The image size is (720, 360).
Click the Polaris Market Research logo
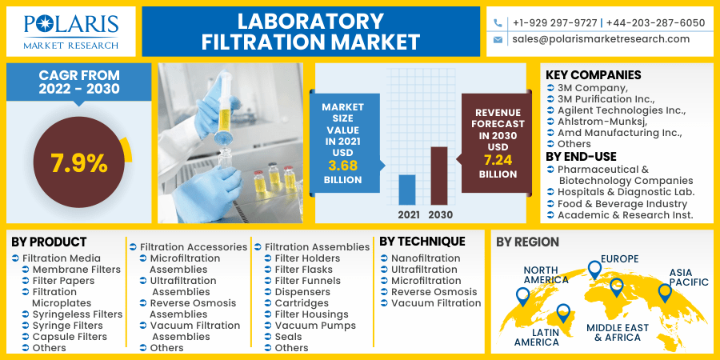[71, 31]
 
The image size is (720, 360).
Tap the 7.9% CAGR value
[78, 163]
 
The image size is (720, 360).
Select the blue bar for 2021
[407, 190]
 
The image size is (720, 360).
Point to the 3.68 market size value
[342, 165]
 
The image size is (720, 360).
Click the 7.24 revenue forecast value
[498, 159]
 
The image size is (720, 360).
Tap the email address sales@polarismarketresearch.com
[601, 39]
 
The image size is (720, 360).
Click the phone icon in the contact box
[498, 23]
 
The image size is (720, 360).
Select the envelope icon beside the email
[498, 39]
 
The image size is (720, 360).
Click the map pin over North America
[522, 296]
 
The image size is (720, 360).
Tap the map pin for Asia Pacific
[664, 292]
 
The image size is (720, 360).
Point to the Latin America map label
[537, 337]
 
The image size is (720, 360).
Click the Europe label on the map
[620, 258]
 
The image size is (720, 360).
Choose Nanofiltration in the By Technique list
[426, 258]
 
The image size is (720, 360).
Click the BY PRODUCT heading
[50, 242]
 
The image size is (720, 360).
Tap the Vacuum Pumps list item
[315, 326]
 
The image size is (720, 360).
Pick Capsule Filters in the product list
[70, 337]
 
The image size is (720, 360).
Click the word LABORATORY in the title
[311, 21]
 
